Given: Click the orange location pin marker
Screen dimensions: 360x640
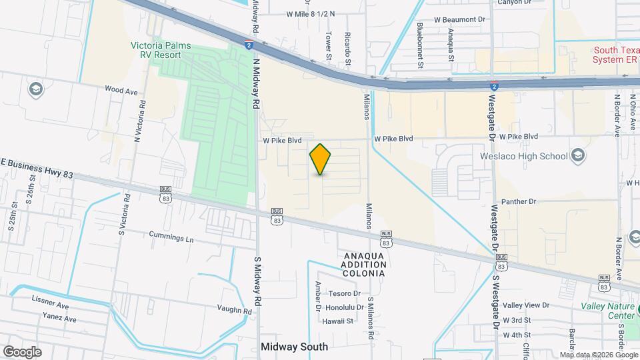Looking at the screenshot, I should coord(321,159).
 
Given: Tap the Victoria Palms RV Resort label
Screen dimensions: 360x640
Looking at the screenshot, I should coord(161,51).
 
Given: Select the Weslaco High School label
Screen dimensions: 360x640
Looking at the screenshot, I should coord(523,157).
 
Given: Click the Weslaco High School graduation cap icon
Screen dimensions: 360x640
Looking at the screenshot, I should coord(577,156).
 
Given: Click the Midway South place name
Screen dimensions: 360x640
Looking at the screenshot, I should coord(294,347).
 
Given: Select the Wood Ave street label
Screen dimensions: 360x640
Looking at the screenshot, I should coord(121,89).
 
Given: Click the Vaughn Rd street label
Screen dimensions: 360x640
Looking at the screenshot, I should coord(234,310).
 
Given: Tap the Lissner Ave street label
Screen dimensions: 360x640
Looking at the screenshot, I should coord(50,305).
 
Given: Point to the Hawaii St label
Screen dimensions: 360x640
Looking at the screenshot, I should coord(339,321).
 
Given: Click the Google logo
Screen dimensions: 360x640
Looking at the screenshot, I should coord(22,351).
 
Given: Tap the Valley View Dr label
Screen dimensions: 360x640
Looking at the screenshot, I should coord(526,305).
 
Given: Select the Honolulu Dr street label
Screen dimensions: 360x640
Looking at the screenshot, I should coord(343,307).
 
